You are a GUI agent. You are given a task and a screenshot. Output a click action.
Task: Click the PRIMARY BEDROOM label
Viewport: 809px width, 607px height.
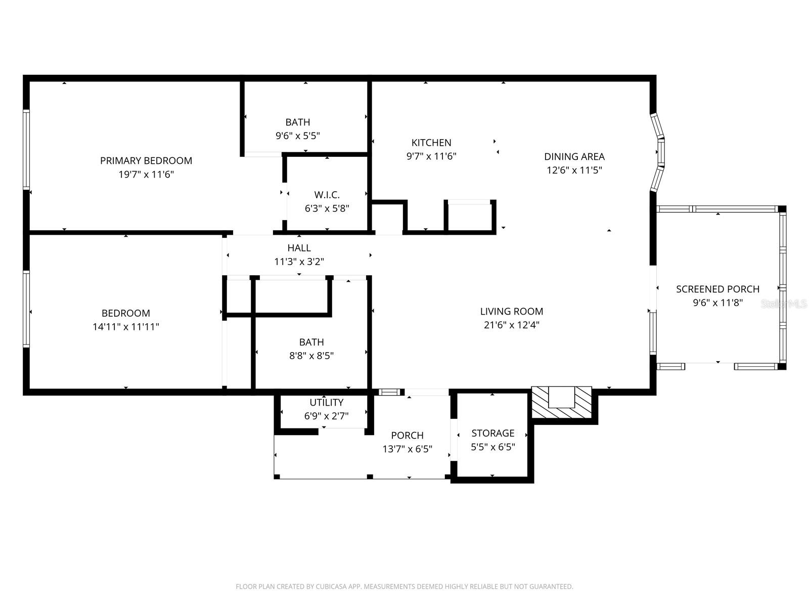pyautogui.click(x=146, y=161)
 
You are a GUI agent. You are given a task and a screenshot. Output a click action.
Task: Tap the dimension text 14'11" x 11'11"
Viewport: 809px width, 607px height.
pyautogui.click(x=126, y=327)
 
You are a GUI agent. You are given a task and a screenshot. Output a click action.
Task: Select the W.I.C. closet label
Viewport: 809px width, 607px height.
pyautogui.click(x=327, y=195)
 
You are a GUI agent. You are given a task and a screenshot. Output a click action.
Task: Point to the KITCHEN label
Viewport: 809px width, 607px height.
pyautogui.click(x=431, y=143)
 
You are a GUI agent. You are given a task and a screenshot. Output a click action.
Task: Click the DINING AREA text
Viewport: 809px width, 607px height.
pyautogui.click(x=574, y=157)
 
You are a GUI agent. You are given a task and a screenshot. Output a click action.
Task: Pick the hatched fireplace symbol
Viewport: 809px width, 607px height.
pyautogui.click(x=562, y=402)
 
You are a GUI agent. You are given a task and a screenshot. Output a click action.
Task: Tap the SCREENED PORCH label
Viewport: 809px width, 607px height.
pyautogui.click(x=717, y=289)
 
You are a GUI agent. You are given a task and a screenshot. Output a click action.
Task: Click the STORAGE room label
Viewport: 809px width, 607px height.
pyautogui.click(x=493, y=433)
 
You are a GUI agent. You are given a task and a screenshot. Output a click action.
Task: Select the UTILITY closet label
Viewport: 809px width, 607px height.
pyautogui.click(x=327, y=403)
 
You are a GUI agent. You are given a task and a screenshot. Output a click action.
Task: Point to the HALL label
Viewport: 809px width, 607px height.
pyautogui.click(x=299, y=248)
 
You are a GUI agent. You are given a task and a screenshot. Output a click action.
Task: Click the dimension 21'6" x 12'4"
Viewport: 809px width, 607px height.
pyautogui.click(x=512, y=325)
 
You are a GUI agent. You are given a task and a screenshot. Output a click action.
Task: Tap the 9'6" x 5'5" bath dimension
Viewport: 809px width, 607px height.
pyautogui.click(x=298, y=136)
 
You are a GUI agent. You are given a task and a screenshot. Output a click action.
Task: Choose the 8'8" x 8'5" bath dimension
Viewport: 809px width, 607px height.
pyautogui.click(x=311, y=356)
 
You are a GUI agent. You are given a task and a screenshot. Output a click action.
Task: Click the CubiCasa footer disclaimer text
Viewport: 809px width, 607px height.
pyautogui.click(x=404, y=587)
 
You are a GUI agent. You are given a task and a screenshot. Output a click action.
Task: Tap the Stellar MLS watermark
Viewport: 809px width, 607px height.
pyautogui.click(x=784, y=303)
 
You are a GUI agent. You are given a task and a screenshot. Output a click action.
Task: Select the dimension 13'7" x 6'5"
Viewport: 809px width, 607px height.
pyautogui.click(x=408, y=449)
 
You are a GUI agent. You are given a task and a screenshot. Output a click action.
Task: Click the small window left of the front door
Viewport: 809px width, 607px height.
pyautogui.click(x=389, y=392)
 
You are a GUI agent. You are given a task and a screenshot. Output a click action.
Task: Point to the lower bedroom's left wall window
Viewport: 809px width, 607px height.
pyautogui.click(x=26, y=309)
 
